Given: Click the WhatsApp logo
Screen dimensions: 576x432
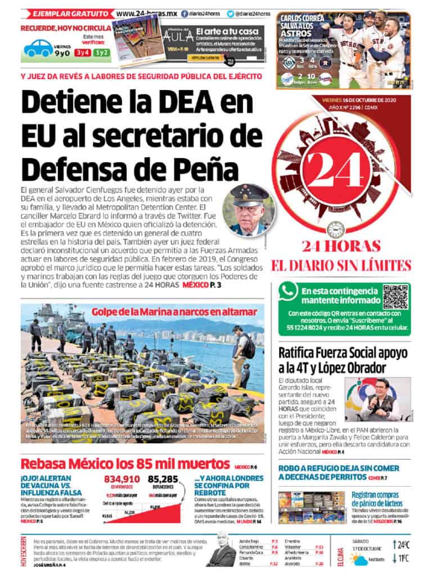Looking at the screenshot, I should point(290,291).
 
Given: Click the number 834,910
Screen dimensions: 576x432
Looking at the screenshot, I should point(122,479).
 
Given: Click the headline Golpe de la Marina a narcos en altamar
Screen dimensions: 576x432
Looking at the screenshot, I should point(174,311).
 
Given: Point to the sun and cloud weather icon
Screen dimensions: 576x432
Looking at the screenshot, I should point(358,558).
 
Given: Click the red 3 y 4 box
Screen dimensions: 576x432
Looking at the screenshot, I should point(83,53).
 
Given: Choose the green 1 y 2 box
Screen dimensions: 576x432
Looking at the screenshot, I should point(102,53).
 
